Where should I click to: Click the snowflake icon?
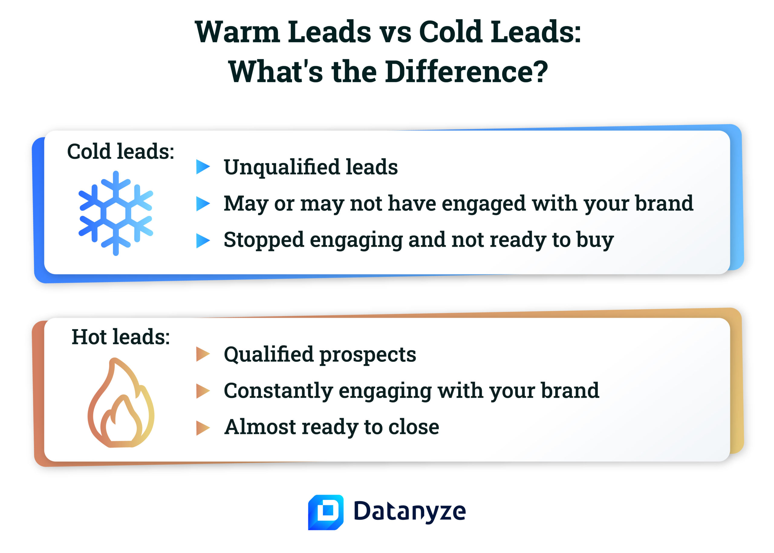(x=116, y=213)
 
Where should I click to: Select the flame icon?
(x=121, y=403)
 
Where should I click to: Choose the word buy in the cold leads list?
(x=595, y=240)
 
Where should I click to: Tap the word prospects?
(x=368, y=355)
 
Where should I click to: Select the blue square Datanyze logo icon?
(x=325, y=512)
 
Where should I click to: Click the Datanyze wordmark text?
(x=409, y=512)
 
